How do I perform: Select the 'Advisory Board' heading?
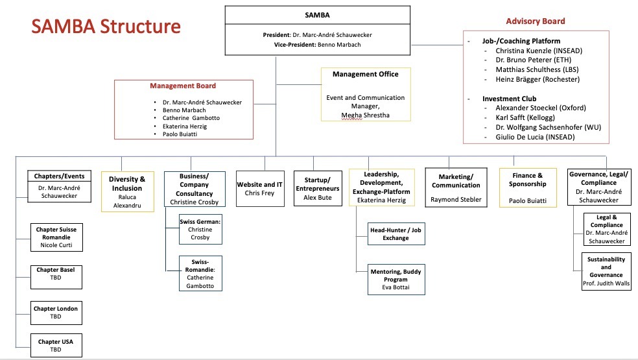click(x=535, y=21)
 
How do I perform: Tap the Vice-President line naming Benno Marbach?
click(x=317, y=44)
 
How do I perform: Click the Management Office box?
click(x=366, y=93)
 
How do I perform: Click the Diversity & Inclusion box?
click(x=128, y=191)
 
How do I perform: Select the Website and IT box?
click(x=259, y=189)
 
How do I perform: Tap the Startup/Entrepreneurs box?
click(x=316, y=189)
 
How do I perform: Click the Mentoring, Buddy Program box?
click(x=396, y=280)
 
